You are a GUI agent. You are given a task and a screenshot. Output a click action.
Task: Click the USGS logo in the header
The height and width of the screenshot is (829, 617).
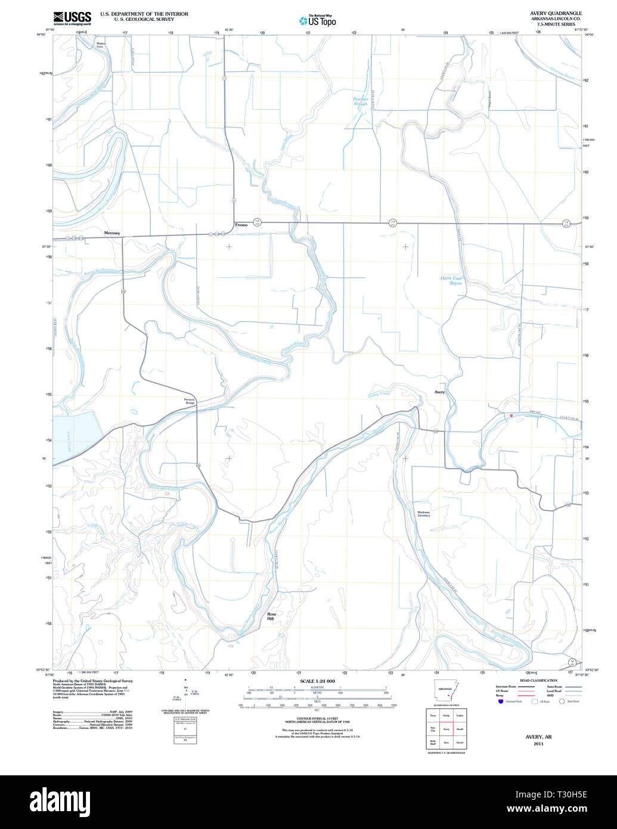point(72,18)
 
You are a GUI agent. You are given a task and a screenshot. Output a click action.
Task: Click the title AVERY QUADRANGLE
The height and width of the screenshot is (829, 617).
point(556,13)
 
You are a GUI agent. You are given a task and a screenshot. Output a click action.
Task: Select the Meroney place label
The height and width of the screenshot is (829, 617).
point(112,233)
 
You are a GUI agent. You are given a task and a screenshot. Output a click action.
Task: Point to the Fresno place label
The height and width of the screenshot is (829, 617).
point(241,225)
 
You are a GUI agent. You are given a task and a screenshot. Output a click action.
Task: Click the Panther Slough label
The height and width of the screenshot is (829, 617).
point(361,101)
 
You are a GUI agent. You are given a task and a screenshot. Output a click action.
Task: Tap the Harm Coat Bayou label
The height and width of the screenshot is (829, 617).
point(451,280)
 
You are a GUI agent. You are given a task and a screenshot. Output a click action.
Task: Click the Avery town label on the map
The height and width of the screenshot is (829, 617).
point(439,392)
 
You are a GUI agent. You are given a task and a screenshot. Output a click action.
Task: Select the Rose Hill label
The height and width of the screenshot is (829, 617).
point(271,617)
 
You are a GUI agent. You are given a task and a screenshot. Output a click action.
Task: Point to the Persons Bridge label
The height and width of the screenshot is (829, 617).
point(190,401)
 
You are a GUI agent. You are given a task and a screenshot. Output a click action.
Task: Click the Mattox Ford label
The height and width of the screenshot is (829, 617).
point(104,45)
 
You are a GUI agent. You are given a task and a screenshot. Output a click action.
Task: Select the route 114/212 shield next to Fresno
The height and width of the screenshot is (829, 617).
point(257,222)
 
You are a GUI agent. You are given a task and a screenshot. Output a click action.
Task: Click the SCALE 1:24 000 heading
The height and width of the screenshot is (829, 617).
point(317,681)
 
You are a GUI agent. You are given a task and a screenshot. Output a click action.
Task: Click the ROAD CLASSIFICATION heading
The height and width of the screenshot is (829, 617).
point(538,680)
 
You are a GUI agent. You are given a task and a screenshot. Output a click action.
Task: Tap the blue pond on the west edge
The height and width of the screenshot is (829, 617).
point(72,435)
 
